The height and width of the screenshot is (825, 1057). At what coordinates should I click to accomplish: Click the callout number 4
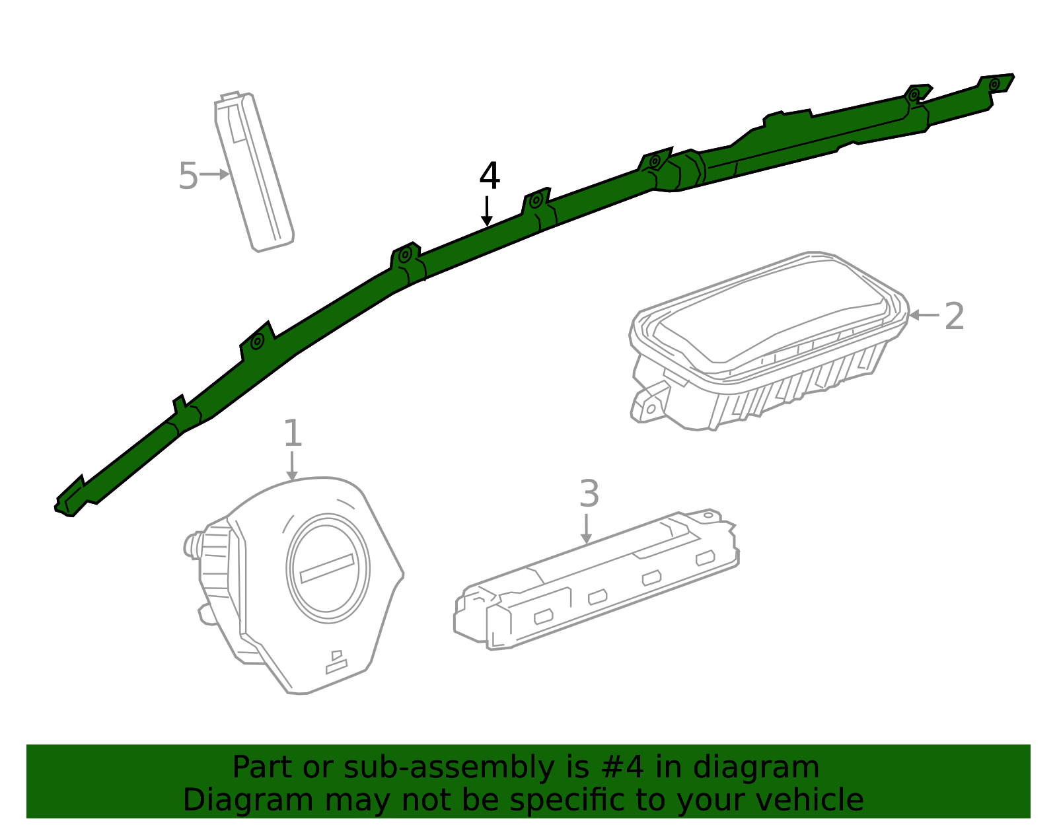[x=490, y=176]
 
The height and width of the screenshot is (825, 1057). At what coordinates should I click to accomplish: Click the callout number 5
[x=188, y=176]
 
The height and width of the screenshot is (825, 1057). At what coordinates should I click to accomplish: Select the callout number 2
[x=954, y=316]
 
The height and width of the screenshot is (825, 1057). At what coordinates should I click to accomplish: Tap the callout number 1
[x=293, y=433]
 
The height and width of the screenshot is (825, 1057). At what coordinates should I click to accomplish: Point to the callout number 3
[x=589, y=493]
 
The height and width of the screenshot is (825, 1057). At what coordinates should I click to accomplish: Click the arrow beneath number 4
[x=486, y=211]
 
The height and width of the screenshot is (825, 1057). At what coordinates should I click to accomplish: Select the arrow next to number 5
[x=215, y=174]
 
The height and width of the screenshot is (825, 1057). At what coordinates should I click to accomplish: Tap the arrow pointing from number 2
[x=924, y=315]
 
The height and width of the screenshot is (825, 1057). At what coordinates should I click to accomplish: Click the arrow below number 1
[x=292, y=466]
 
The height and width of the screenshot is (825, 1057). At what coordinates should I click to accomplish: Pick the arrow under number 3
[x=587, y=529]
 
